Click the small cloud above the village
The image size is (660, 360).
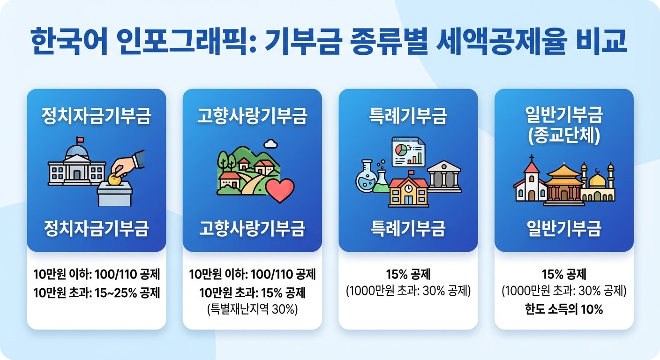(x=270, y=143)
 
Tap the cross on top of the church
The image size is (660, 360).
(x=532, y=158)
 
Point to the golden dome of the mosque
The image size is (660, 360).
(x=597, y=180)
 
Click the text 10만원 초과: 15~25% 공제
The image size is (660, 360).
(x=97, y=293)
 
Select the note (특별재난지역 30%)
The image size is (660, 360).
(x=252, y=309)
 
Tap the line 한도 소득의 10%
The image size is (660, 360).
(x=564, y=309)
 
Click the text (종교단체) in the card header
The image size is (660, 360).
(x=564, y=135)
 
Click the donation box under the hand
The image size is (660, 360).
(x=115, y=194)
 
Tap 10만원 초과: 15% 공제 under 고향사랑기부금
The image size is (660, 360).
(x=252, y=293)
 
